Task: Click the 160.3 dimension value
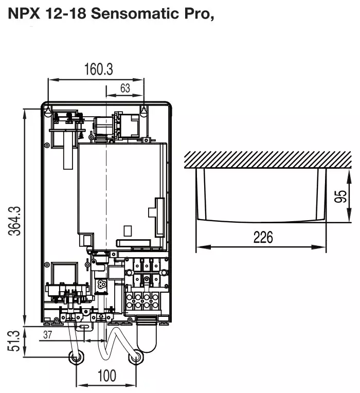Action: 98,69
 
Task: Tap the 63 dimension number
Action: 125,88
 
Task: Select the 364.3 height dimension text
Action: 14,221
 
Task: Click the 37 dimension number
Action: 47,334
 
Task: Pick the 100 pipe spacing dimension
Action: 107,376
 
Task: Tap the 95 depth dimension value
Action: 340,196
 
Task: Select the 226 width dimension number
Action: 263,237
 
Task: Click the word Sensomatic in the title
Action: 135,13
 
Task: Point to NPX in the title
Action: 24,13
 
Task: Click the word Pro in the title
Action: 197,13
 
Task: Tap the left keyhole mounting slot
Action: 48,111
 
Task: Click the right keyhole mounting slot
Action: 143,111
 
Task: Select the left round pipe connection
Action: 76,358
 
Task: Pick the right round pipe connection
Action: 136,358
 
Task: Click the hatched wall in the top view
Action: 268,159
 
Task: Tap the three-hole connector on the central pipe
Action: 101,284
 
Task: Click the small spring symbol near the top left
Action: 81,135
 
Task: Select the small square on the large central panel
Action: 128,231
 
